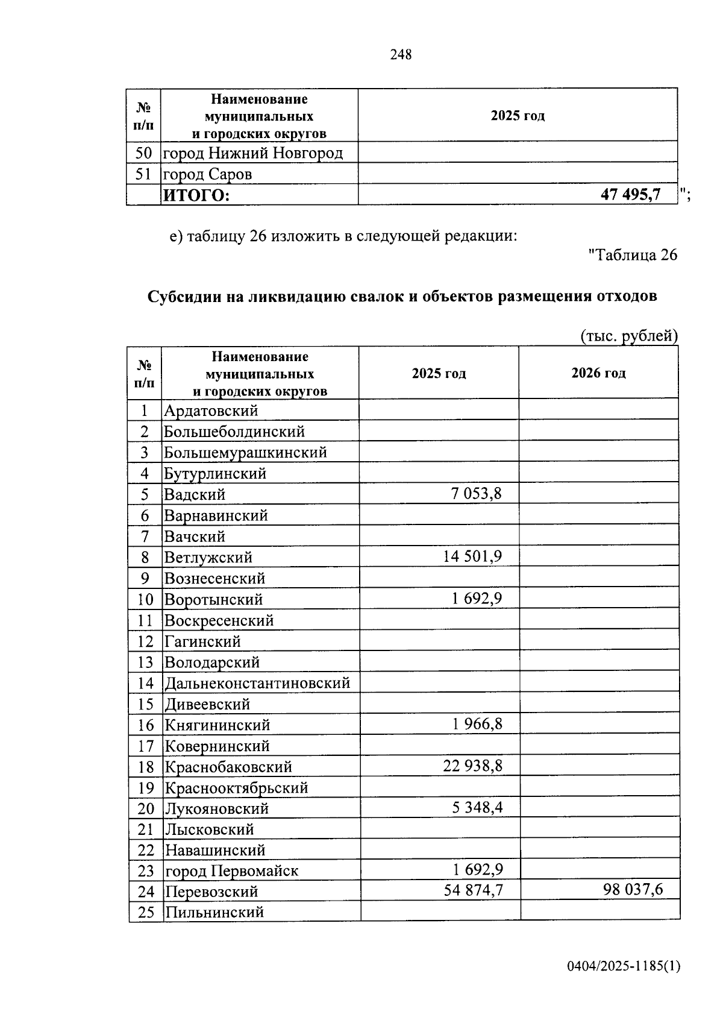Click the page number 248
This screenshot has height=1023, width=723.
click(401, 55)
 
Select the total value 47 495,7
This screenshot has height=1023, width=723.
click(630, 194)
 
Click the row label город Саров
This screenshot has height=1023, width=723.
click(208, 174)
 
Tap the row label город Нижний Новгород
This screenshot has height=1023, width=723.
click(253, 153)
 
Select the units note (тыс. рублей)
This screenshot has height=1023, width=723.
click(629, 336)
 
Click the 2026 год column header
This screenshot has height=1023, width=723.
click(598, 373)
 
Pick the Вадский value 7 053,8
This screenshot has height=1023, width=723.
click(476, 494)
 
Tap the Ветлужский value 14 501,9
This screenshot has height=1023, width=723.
click(472, 556)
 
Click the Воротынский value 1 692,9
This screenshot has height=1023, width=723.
click(477, 599)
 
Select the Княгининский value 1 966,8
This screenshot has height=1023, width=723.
click(477, 724)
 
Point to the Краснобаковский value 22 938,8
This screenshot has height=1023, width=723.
click(472, 766)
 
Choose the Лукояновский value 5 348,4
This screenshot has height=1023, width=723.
click(477, 807)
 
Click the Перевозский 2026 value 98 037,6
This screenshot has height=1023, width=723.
click(633, 890)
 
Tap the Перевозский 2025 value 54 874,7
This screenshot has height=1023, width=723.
click(473, 890)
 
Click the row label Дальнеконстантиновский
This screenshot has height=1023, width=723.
click(257, 683)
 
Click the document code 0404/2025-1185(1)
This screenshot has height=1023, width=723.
click(623, 966)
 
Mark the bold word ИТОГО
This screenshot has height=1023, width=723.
click(196, 195)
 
